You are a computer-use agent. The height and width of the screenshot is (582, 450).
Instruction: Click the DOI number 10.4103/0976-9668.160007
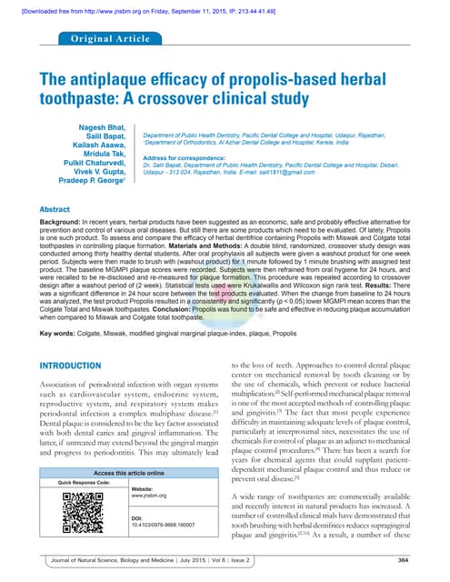(156, 526)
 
